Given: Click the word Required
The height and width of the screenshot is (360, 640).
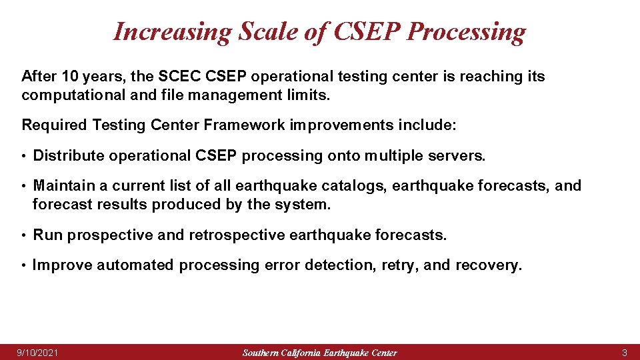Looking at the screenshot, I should tap(55, 125).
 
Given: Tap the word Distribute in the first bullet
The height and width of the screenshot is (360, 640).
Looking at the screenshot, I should tap(69, 156).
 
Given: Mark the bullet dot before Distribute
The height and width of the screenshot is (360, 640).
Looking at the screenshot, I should tap(25, 157).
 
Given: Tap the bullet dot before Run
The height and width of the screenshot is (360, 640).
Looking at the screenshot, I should tap(25, 236).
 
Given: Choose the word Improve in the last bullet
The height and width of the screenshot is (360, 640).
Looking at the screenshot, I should tap(62, 265).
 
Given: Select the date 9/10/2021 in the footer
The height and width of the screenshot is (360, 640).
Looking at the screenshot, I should tap(37, 352).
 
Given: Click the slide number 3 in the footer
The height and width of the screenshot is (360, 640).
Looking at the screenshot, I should tap(624, 352).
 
